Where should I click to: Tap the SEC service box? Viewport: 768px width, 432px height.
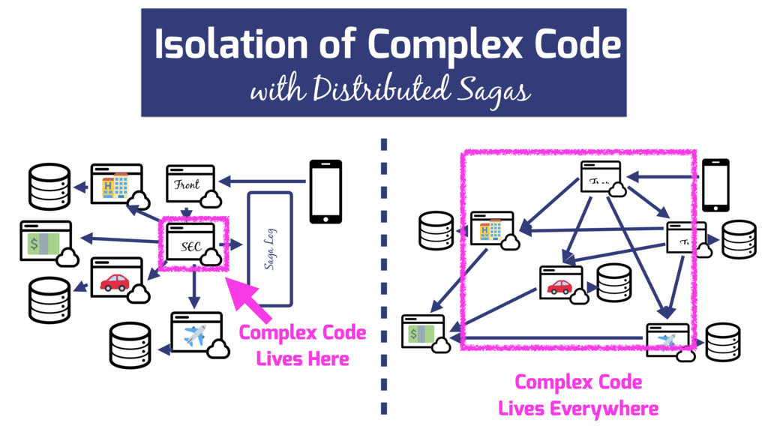click(192, 243)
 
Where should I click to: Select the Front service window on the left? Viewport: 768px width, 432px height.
click(190, 184)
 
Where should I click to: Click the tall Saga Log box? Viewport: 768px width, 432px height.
click(269, 248)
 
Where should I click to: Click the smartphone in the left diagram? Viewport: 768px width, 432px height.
click(325, 191)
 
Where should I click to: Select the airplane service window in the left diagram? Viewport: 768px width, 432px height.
click(196, 333)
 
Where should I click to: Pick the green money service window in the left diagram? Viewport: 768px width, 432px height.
click(46, 242)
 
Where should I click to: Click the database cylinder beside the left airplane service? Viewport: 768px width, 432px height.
click(130, 345)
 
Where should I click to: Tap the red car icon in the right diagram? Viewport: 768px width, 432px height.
click(559, 286)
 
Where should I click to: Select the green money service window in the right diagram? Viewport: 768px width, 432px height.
click(423, 331)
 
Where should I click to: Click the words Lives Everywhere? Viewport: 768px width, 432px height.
click(577, 409)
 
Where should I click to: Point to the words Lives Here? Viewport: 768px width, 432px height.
click(302, 358)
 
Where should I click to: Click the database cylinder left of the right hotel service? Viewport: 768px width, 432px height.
click(436, 230)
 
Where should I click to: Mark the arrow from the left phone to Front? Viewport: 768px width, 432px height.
click(262, 181)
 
